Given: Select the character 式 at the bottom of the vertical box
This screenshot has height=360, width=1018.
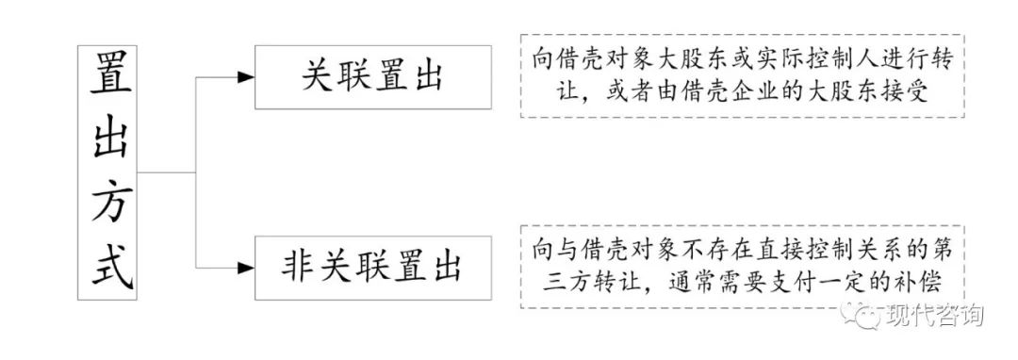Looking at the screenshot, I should (108, 267).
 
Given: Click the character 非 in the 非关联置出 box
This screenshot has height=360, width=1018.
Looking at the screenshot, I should (298, 268).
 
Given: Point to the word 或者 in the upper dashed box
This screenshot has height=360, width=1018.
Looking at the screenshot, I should (616, 93).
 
